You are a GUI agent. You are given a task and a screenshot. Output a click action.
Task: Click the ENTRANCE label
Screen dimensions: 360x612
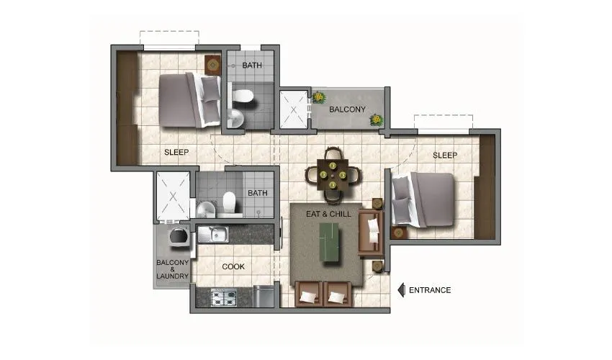[430, 290]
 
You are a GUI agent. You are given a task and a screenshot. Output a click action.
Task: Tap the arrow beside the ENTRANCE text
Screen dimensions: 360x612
[402, 290]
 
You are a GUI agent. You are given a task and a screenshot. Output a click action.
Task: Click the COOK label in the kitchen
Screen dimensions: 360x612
[233, 266]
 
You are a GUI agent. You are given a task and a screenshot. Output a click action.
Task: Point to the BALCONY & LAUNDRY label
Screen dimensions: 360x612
[173, 269]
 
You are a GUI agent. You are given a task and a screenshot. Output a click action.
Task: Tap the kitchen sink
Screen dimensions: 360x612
[214, 233]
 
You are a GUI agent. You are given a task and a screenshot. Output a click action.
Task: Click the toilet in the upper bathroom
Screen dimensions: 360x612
[243, 96]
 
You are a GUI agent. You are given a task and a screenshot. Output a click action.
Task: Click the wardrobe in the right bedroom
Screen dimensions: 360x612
[485, 187]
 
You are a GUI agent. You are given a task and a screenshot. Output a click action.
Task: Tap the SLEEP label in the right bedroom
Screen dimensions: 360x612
[445, 155]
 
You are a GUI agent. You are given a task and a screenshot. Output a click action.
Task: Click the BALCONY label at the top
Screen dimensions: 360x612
[348, 109]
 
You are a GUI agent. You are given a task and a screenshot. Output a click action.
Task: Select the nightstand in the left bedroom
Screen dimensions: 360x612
[213, 65]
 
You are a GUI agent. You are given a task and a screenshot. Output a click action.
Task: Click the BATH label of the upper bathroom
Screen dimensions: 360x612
[252, 66]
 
